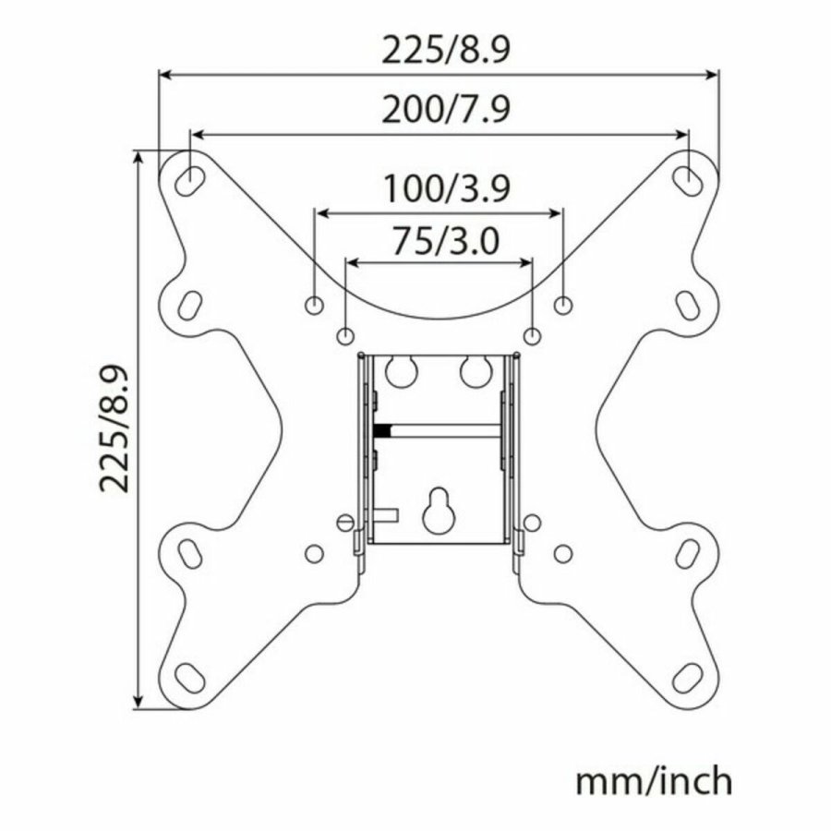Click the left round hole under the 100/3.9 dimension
coord(315,304)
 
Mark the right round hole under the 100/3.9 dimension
coord(562,304)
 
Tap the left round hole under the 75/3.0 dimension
coord(345,334)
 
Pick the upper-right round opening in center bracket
coord(474,371)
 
